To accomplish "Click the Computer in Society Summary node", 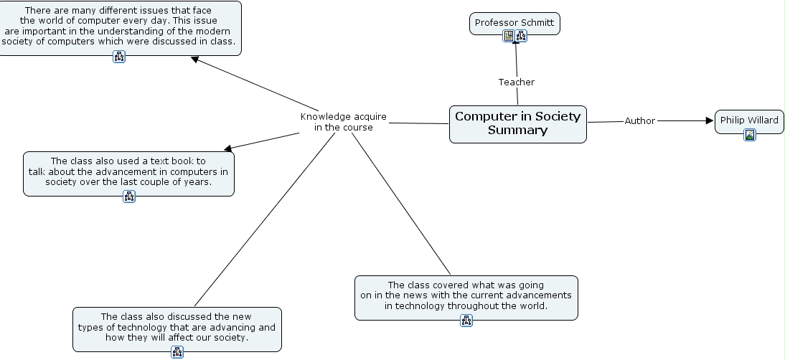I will coord(517,123).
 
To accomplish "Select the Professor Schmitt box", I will coord(514,23).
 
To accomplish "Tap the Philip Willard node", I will coord(749,120).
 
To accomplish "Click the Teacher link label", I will coord(517,82).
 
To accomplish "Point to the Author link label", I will coord(639,121).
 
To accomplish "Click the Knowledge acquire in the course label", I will coord(343,122).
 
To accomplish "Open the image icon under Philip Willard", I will coord(750,134).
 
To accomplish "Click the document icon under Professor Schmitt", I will coord(509,36).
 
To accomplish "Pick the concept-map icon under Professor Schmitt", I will coord(521,36).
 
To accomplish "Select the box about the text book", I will coord(128,171).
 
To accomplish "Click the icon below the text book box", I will coord(129,196).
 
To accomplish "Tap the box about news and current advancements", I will coord(466,295).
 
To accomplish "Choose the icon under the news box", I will coord(466,321).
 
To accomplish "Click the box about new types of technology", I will coord(177,327).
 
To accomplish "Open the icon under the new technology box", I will coord(177,352).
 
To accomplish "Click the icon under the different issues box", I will coord(119,57).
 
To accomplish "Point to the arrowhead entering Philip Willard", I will coord(710,121).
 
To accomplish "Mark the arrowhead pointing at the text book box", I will coord(229,148).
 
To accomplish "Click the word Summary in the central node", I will coord(517,131).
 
